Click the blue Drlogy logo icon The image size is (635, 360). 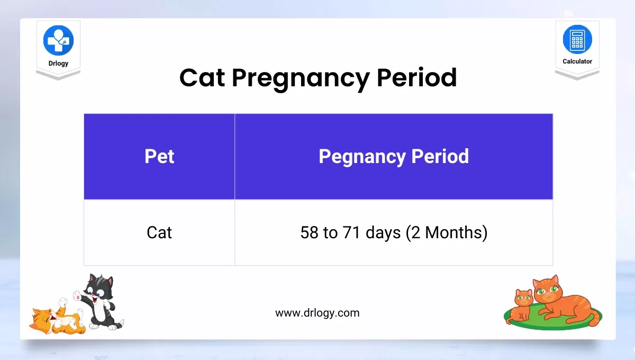[x=58, y=40]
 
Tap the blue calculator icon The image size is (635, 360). [x=577, y=39]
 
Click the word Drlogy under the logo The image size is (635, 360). [x=58, y=63]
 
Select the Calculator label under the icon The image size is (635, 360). [x=577, y=61]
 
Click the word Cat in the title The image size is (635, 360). [x=202, y=77]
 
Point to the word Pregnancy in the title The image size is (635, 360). [x=301, y=79]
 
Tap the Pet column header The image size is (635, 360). [x=159, y=156]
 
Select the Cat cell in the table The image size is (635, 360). [x=159, y=232]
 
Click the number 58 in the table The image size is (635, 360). [x=309, y=232]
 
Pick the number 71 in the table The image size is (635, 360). [x=351, y=232]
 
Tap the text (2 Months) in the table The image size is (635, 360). [x=447, y=233]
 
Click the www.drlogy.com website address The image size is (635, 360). [x=317, y=313]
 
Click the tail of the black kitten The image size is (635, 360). [x=119, y=324]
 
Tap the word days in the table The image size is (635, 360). [x=383, y=233]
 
